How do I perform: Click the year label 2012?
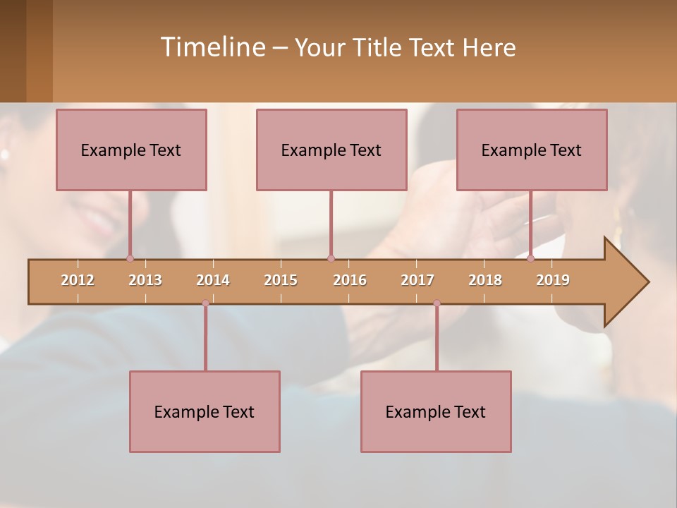[x=78, y=280]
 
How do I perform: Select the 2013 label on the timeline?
[x=145, y=280]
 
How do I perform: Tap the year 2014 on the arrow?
[x=213, y=280]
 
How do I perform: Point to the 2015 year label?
[x=281, y=280]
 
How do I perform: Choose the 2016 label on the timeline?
[x=350, y=280]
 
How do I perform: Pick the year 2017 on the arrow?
[x=417, y=280]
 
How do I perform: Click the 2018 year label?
[x=485, y=280]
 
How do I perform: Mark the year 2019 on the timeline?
[x=553, y=280]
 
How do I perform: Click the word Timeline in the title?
[x=212, y=47]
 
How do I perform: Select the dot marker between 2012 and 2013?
[x=130, y=258]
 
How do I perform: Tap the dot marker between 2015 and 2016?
[x=331, y=258]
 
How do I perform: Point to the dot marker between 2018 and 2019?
[x=531, y=258]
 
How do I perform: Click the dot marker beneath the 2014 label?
[x=205, y=303]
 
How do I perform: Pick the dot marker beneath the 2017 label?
[x=437, y=303]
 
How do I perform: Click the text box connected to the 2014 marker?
[x=205, y=411]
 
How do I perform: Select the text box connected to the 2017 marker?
[x=436, y=411]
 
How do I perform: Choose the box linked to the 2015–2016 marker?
[x=331, y=150]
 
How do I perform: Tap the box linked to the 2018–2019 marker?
[x=532, y=150]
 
